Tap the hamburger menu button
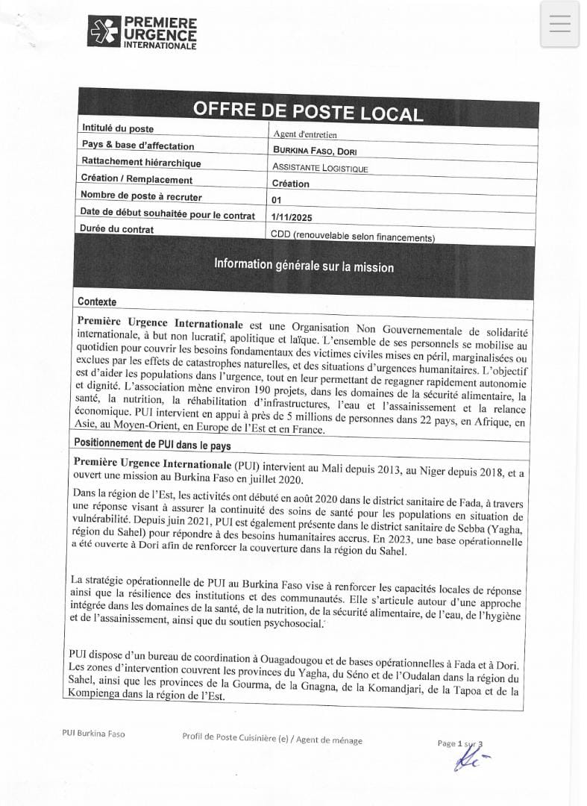click(559, 24)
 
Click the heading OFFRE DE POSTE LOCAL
click(307, 110)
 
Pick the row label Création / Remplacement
click(136, 179)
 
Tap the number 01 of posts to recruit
click(277, 200)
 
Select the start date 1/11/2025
click(292, 217)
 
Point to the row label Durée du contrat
click(117, 229)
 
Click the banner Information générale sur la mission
click(304, 265)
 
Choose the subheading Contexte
click(97, 302)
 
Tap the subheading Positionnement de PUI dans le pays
click(152, 444)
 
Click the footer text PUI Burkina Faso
click(93, 734)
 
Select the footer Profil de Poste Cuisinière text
click(272, 740)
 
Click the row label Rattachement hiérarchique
click(141, 162)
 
